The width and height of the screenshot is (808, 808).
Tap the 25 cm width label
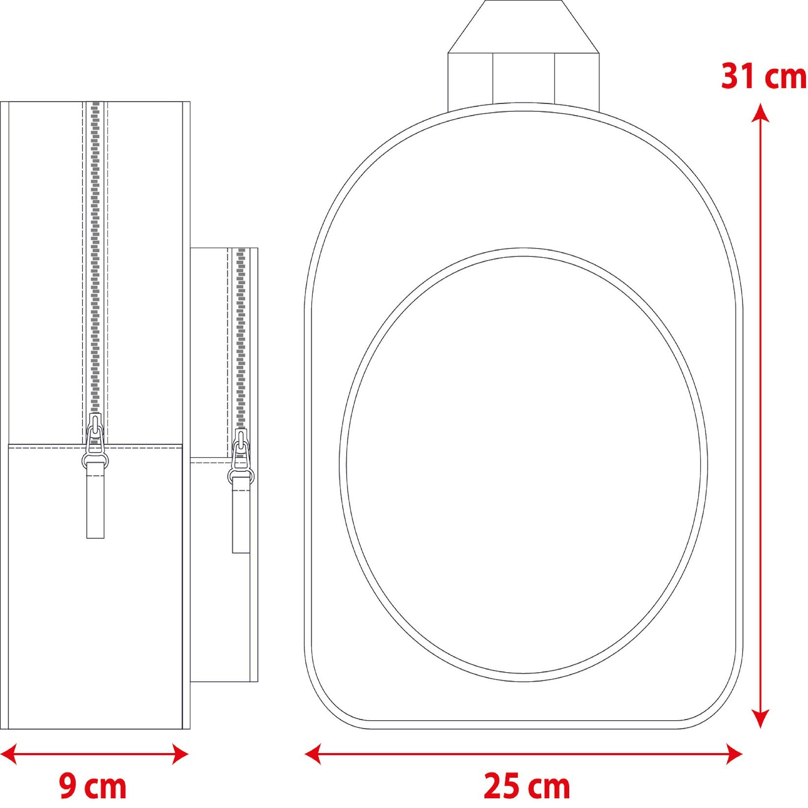(527, 786)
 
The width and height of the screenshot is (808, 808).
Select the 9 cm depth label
(93, 786)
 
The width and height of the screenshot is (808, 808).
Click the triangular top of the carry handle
(524, 27)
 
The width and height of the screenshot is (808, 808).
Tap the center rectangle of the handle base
(524, 78)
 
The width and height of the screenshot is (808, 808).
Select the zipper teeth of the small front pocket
(241, 333)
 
